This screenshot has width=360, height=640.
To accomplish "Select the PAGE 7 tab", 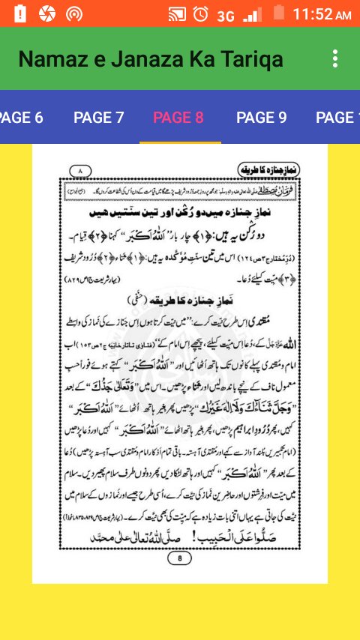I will pyautogui.click(x=98, y=118).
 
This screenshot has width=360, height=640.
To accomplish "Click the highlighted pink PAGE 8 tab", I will pyautogui.click(x=178, y=118).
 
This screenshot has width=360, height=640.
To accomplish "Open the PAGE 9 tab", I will pyautogui.click(x=261, y=118).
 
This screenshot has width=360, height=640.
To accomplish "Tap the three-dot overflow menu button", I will pyautogui.click(x=335, y=58).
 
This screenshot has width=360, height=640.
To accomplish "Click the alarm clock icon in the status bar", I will pyautogui.click(x=200, y=13).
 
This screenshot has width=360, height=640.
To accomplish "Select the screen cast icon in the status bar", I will pyautogui.click(x=177, y=13).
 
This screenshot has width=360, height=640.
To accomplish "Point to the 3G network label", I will pyautogui.click(x=226, y=15).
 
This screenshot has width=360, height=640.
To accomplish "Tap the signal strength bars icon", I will pyautogui.click(x=253, y=14).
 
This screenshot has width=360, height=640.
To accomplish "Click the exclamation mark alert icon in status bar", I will pyautogui.click(x=19, y=13).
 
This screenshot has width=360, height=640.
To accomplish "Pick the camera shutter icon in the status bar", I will pyautogui.click(x=46, y=13).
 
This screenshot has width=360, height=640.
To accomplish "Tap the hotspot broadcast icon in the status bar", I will pyautogui.click(x=73, y=13).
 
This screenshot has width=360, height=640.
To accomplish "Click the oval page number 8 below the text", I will pyautogui.click(x=179, y=558).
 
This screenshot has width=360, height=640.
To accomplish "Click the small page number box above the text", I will pyautogui.click(x=79, y=172).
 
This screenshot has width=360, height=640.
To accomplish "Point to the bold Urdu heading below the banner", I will pyautogui.click(x=180, y=212).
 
